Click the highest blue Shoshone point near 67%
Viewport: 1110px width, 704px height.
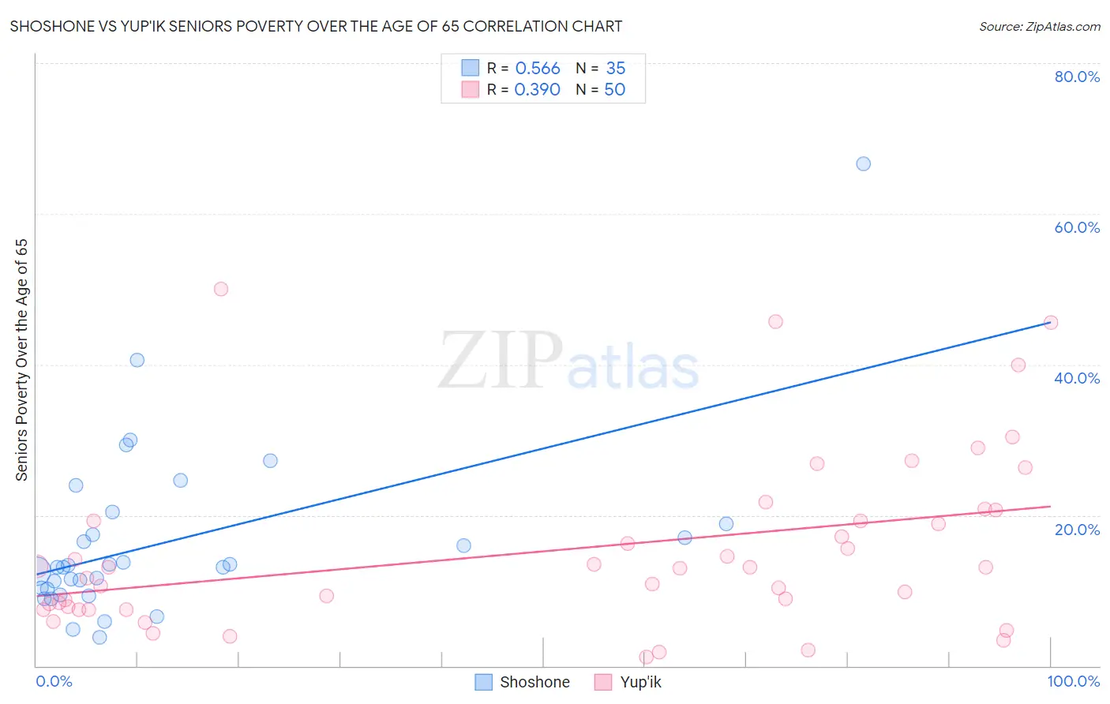click(863, 163)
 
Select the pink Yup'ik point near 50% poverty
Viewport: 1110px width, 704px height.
click(221, 289)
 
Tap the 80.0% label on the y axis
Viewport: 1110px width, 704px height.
click(1077, 77)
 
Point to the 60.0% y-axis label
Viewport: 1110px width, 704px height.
click(1077, 227)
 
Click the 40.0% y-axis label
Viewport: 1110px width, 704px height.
click(1077, 378)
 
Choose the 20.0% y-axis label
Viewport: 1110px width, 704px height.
click(1077, 530)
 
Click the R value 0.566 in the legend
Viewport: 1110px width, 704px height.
click(538, 69)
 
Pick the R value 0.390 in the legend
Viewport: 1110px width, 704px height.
click(538, 90)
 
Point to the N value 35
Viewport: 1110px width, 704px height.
click(616, 69)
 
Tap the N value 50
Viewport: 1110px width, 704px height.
click(615, 90)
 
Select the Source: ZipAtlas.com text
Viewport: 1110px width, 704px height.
click(1039, 26)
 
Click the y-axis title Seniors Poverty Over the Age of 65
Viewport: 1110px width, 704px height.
click(21, 360)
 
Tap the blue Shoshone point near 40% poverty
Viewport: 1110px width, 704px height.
click(137, 360)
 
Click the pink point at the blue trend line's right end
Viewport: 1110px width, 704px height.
click(1050, 322)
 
